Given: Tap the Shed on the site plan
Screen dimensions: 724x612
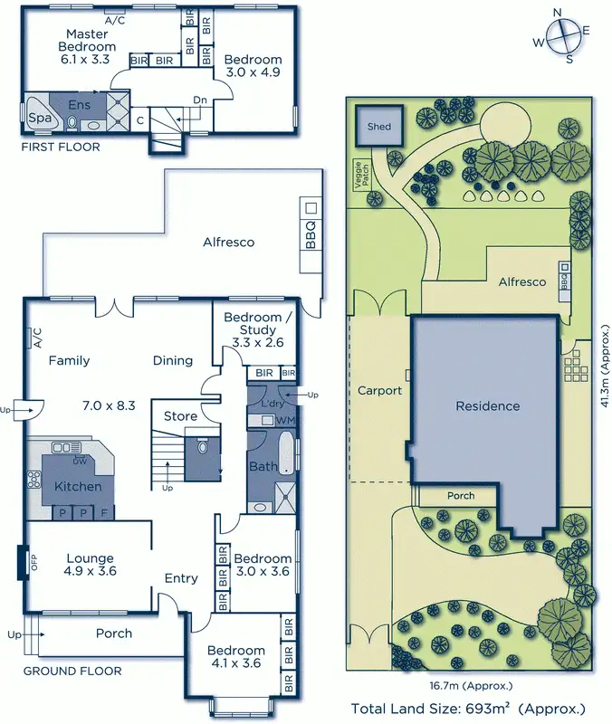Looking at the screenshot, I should pyautogui.click(x=379, y=127).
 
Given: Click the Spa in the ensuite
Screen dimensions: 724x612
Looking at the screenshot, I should pyautogui.click(x=40, y=118).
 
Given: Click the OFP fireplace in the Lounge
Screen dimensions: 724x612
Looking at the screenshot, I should pyautogui.click(x=23, y=563).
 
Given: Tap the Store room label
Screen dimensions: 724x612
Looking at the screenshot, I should pyautogui.click(x=180, y=416).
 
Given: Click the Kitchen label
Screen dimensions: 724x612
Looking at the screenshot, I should pyautogui.click(x=78, y=487).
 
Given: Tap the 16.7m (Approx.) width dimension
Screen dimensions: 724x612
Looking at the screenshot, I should pyautogui.click(x=470, y=685).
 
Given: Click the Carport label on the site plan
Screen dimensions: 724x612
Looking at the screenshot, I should pyautogui.click(x=378, y=391).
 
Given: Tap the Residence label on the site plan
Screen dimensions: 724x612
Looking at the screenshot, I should pyautogui.click(x=487, y=406).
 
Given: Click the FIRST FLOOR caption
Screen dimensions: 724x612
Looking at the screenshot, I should pyautogui.click(x=62, y=147).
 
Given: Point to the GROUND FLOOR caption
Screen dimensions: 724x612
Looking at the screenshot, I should pyautogui.click(x=72, y=671).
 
